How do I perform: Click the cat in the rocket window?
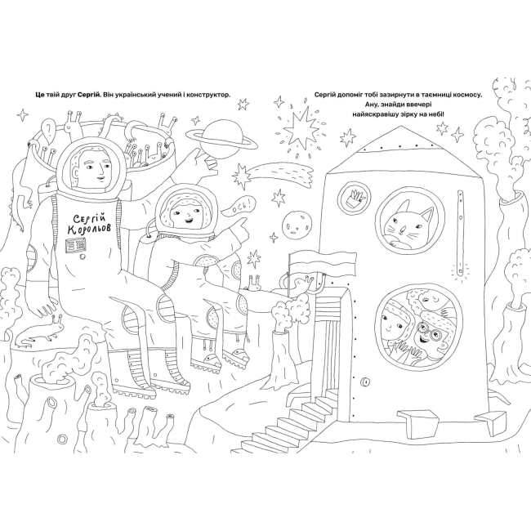(x=409, y=225)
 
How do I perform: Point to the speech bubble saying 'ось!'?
(x=239, y=207)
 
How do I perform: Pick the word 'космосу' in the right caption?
(x=467, y=95)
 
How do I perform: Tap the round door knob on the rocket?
(x=365, y=382)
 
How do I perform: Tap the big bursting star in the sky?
(x=301, y=128)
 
